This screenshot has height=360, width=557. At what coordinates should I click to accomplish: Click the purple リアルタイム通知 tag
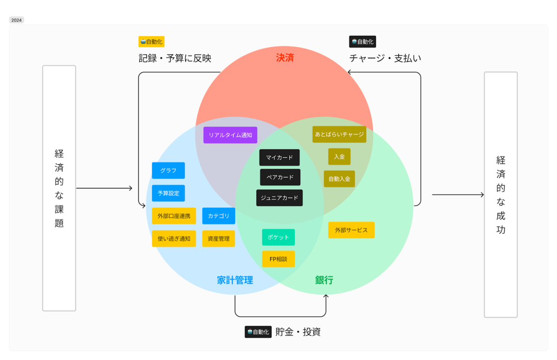point(230,135)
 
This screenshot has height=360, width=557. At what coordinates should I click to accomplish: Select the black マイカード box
point(279,157)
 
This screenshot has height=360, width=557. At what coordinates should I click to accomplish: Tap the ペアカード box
point(280,177)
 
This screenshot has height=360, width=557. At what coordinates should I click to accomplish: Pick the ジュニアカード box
point(279,198)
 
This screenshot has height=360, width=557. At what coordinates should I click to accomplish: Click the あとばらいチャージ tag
point(339,135)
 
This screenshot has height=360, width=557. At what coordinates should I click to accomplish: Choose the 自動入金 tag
point(339,179)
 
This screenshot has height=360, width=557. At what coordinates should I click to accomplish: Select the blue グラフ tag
point(168,170)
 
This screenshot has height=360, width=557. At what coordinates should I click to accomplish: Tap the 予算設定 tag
point(168,193)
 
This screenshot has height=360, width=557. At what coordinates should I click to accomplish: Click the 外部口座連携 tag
point(174,216)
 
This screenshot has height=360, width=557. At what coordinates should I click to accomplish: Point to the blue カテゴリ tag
point(219,216)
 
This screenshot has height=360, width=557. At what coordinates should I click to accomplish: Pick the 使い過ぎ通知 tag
point(174,238)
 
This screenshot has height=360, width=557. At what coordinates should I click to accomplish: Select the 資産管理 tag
point(219,238)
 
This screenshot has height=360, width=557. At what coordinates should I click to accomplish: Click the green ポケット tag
point(278,237)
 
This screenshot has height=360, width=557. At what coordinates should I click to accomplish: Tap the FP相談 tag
point(278,259)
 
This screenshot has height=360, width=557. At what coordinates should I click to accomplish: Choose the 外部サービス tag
point(351,230)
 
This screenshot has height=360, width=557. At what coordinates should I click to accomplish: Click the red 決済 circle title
point(285,58)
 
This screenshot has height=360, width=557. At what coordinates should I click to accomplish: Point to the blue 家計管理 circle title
point(235,280)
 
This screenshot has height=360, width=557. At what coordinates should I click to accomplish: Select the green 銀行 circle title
point(324,280)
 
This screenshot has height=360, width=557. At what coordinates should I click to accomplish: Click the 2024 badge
point(16,20)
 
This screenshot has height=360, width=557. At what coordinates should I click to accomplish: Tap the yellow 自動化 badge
point(151,42)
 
